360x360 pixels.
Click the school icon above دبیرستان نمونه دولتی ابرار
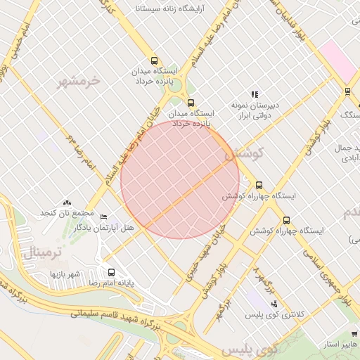255,94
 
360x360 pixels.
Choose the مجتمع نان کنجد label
67,212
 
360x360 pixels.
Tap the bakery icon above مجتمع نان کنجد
67,202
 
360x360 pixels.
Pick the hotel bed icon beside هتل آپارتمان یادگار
104,217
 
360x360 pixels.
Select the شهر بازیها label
65,272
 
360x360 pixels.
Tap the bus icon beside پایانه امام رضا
111,272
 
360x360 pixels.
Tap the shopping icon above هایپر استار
354,334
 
